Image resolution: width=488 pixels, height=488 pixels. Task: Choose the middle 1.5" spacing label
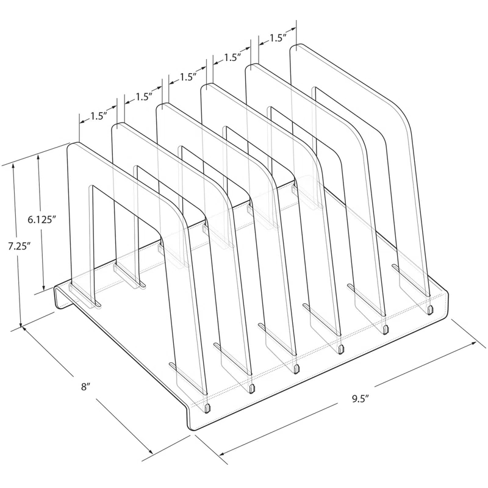[x=188, y=77]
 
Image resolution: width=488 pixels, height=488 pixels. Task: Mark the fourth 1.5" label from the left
[x=232, y=58]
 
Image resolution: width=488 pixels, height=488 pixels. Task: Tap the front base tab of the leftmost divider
[x=209, y=406]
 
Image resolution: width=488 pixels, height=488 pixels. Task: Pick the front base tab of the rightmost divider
[x=431, y=310]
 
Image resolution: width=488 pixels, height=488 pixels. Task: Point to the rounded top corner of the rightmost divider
[x=400, y=116]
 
